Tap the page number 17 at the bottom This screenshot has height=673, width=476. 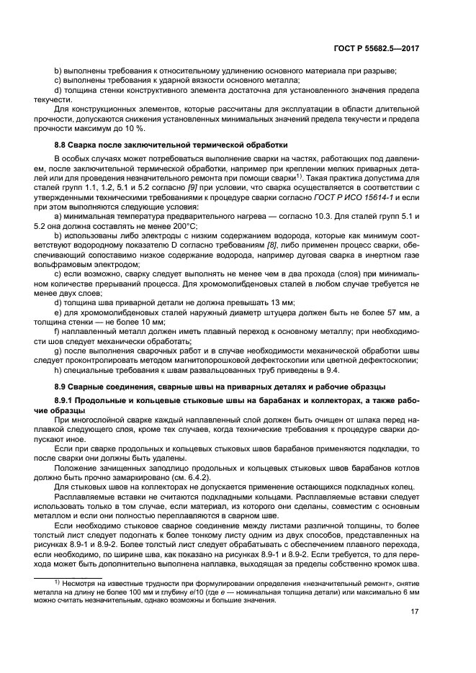[414, 613]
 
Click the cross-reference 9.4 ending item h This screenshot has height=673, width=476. [334, 371]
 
